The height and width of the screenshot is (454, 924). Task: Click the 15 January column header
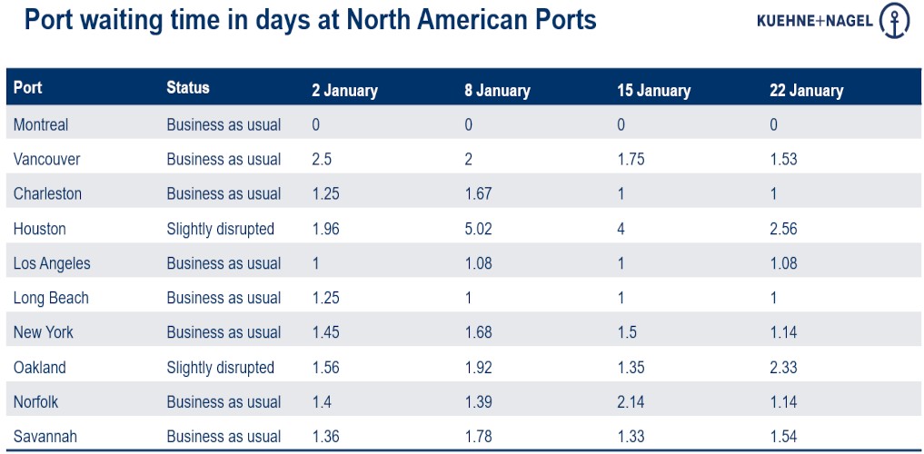pos(653,91)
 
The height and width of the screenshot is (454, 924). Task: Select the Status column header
pos(188,88)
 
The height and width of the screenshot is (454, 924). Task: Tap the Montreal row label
pos(41,124)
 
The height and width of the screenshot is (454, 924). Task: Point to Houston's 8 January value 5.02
pos(478,229)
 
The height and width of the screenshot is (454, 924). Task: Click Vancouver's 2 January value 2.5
pos(323,159)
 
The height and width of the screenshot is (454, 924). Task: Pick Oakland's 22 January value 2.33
pos(783,367)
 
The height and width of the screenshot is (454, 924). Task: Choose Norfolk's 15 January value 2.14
pos(631,401)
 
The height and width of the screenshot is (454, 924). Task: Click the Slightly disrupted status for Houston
pos(220,229)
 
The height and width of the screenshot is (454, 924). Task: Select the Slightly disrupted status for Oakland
pos(220,367)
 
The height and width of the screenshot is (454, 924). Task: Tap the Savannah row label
pos(45,437)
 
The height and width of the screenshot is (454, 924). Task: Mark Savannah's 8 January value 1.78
pos(478,437)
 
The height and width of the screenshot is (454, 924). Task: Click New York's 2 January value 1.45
pos(326,332)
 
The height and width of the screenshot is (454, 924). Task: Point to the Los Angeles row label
pos(52,263)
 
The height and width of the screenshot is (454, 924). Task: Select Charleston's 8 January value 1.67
pos(478,193)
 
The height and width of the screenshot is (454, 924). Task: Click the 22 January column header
pos(806,91)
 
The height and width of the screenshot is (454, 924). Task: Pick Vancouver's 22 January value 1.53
pos(783,159)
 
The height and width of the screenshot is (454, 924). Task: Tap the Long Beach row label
pos(51,298)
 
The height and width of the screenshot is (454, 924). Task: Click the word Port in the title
pos(55,20)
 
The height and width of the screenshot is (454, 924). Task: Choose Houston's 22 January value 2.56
pos(783,229)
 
